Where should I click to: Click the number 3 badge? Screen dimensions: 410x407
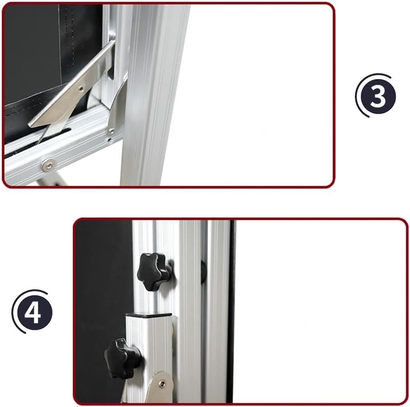point(378,96)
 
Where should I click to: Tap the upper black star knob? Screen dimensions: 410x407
point(155,271)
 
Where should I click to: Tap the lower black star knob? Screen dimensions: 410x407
point(123,358)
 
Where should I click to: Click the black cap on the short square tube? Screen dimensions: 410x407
point(148,315)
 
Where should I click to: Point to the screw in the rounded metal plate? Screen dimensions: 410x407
point(162,384)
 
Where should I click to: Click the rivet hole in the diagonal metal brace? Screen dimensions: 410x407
point(81,89)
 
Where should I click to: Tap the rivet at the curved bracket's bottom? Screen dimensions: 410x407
point(111,131)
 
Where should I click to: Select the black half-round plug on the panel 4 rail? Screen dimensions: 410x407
point(203,272)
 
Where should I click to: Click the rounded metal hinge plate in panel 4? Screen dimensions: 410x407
point(160,388)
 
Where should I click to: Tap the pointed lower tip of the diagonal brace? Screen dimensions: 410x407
point(38,142)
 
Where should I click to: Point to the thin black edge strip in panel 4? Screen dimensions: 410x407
point(231,311)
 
